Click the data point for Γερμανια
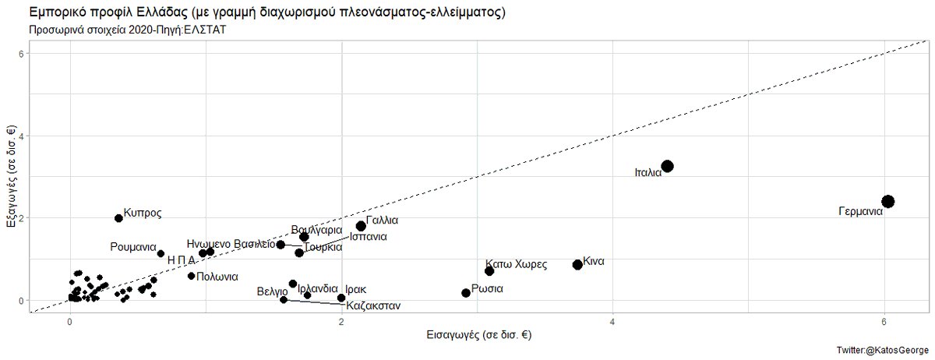click(887, 202)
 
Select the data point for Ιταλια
click(667, 167)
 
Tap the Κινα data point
click(577, 265)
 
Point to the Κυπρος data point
click(118, 218)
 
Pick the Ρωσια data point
click(466, 293)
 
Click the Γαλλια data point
click(361, 226)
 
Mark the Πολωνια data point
click(191, 276)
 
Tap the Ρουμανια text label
click(133, 247)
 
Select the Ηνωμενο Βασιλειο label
click(231, 244)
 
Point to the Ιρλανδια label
click(318, 288)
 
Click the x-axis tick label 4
click(613, 322)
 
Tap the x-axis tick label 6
click(884, 322)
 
